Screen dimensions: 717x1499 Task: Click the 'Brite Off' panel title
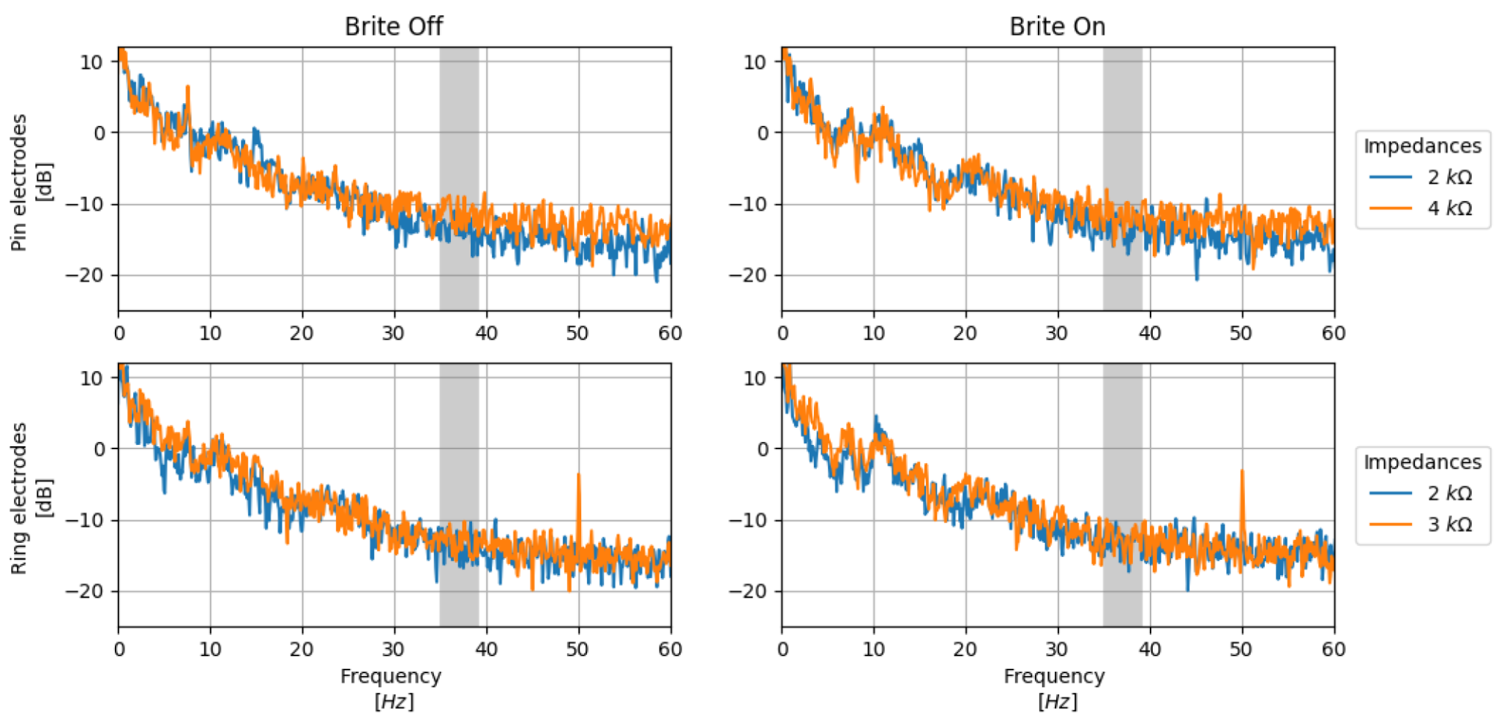394,26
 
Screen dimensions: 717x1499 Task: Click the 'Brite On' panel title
1057,26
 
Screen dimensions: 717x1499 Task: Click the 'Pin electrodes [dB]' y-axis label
31,183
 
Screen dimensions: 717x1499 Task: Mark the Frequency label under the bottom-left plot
391,676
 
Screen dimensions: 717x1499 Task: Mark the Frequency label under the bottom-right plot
1054,676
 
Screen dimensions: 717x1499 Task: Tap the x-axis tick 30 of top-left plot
394,334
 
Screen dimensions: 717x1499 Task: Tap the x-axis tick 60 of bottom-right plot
1333,650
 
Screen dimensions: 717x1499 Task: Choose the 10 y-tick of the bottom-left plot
91,378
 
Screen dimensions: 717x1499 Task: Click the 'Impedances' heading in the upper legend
1422,146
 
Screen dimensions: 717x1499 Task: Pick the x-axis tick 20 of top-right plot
965,334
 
